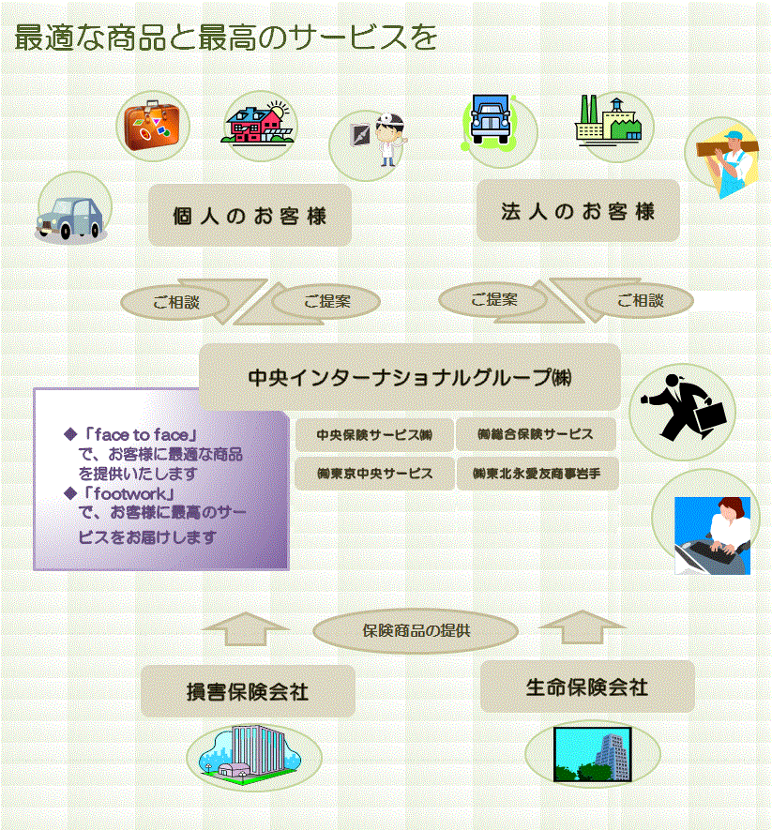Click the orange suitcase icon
tap(152, 126)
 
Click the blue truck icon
tap(491, 120)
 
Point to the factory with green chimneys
tap(609, 120)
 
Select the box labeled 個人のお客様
tap(250, 215)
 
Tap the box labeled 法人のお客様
tap(578, 211)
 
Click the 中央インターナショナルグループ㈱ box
tap(409, 377)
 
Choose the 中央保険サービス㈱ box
tap(374, 434)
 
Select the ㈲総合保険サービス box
tap(536, 434)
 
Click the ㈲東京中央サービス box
tap(374, 474)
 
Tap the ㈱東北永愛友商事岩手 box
tap(537, 474)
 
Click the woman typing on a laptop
tap(712, 536)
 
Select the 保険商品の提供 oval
tap(416, 630)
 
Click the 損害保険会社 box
tap(248, 691)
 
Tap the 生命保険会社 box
tap(587, 687)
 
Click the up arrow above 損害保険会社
tap(246, 629)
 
